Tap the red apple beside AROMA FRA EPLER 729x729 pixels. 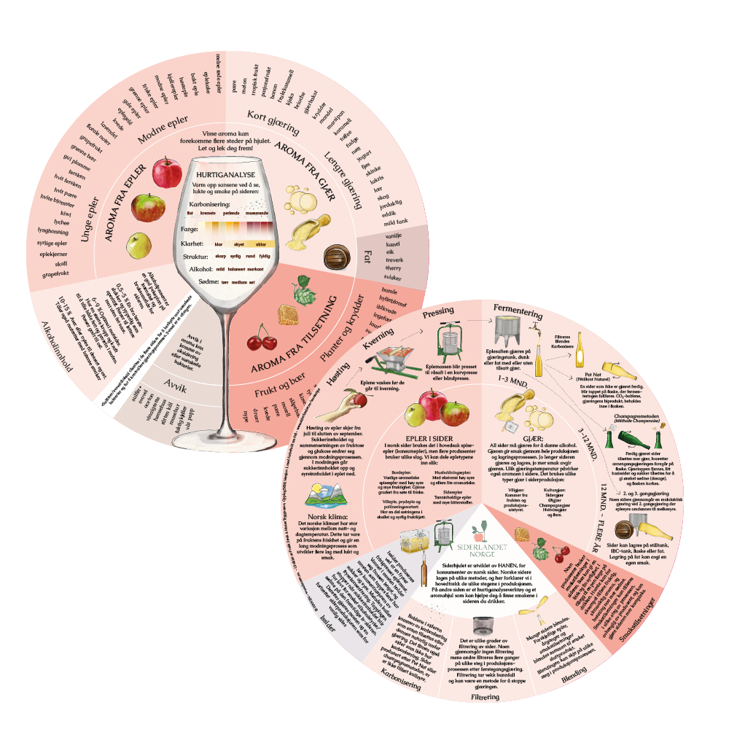[168, 172]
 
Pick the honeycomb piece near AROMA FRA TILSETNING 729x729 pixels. [288, 315]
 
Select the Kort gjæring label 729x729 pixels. [273, 121]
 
